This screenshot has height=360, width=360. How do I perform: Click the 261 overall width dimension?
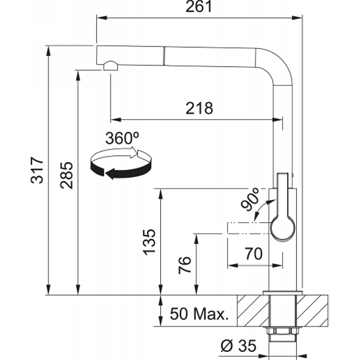(198, 6)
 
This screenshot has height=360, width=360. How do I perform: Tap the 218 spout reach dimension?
(199, 108)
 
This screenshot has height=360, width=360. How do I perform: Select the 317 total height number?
(37, 170)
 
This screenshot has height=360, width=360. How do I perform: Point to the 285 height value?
(66, 175)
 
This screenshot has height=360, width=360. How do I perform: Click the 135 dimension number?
(149, 242)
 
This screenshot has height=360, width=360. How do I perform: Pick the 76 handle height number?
(184, 265)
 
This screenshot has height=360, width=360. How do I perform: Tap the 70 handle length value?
(253, 254)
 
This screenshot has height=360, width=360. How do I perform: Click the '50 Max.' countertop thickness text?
(199, 314)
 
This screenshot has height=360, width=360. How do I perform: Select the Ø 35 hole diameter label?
(238, 346)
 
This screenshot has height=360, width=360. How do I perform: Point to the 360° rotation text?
(122, 138)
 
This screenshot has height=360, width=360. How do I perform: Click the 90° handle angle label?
(250, 199)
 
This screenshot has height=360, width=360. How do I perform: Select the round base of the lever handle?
(283, 228)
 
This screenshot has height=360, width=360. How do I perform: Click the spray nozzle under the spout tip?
(111, 66)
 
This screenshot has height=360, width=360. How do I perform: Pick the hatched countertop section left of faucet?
(253, 310)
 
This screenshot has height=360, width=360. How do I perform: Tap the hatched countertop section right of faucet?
(312, 310)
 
